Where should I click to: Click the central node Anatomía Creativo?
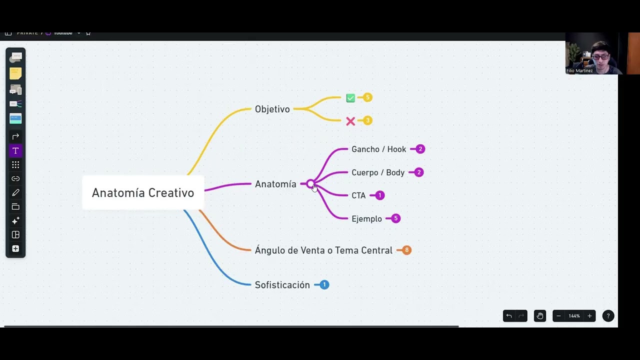pyautogui.click(x=143, y=193)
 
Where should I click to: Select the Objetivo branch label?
pyautogui.click(x=272, y=109)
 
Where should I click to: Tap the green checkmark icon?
pyautogui.click(x=350, y=98)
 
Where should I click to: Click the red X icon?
pyautogui.click(x=350, y=121)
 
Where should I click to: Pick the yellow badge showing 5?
pyautogui.click(x=367, y=97)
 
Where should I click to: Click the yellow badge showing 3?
pyautogui.click(x=367, y=120)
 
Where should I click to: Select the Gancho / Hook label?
pyautogui.click(x=378, y=149)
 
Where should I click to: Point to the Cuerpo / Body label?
pyautogui.click(x=378, y=172)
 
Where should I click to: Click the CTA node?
pyautogui.click(x=358, y=195)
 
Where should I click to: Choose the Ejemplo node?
pyautogui.click(x=366, y=219)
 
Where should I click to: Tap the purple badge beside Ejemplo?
pyautogui.click(x=395, y=218)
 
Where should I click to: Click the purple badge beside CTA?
pyautogui.click(x=379, y=195)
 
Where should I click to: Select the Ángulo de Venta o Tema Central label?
pyautogui.click(x=323, y=250)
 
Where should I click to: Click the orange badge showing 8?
pyautogui.click(x=406, y=250)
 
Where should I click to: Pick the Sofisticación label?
pyautogui.click(x=282, y=285)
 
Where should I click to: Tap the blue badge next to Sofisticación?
pyautogui.click(x=324, y=284)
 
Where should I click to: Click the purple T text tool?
pyautogui.click(x=15, y=150)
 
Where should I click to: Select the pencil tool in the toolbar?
pyautogui.click(x=15, y=192)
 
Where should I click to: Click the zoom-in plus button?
pyautogui.click(x=589, y=316)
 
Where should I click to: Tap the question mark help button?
pyautogui.click(x=608, y=316)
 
